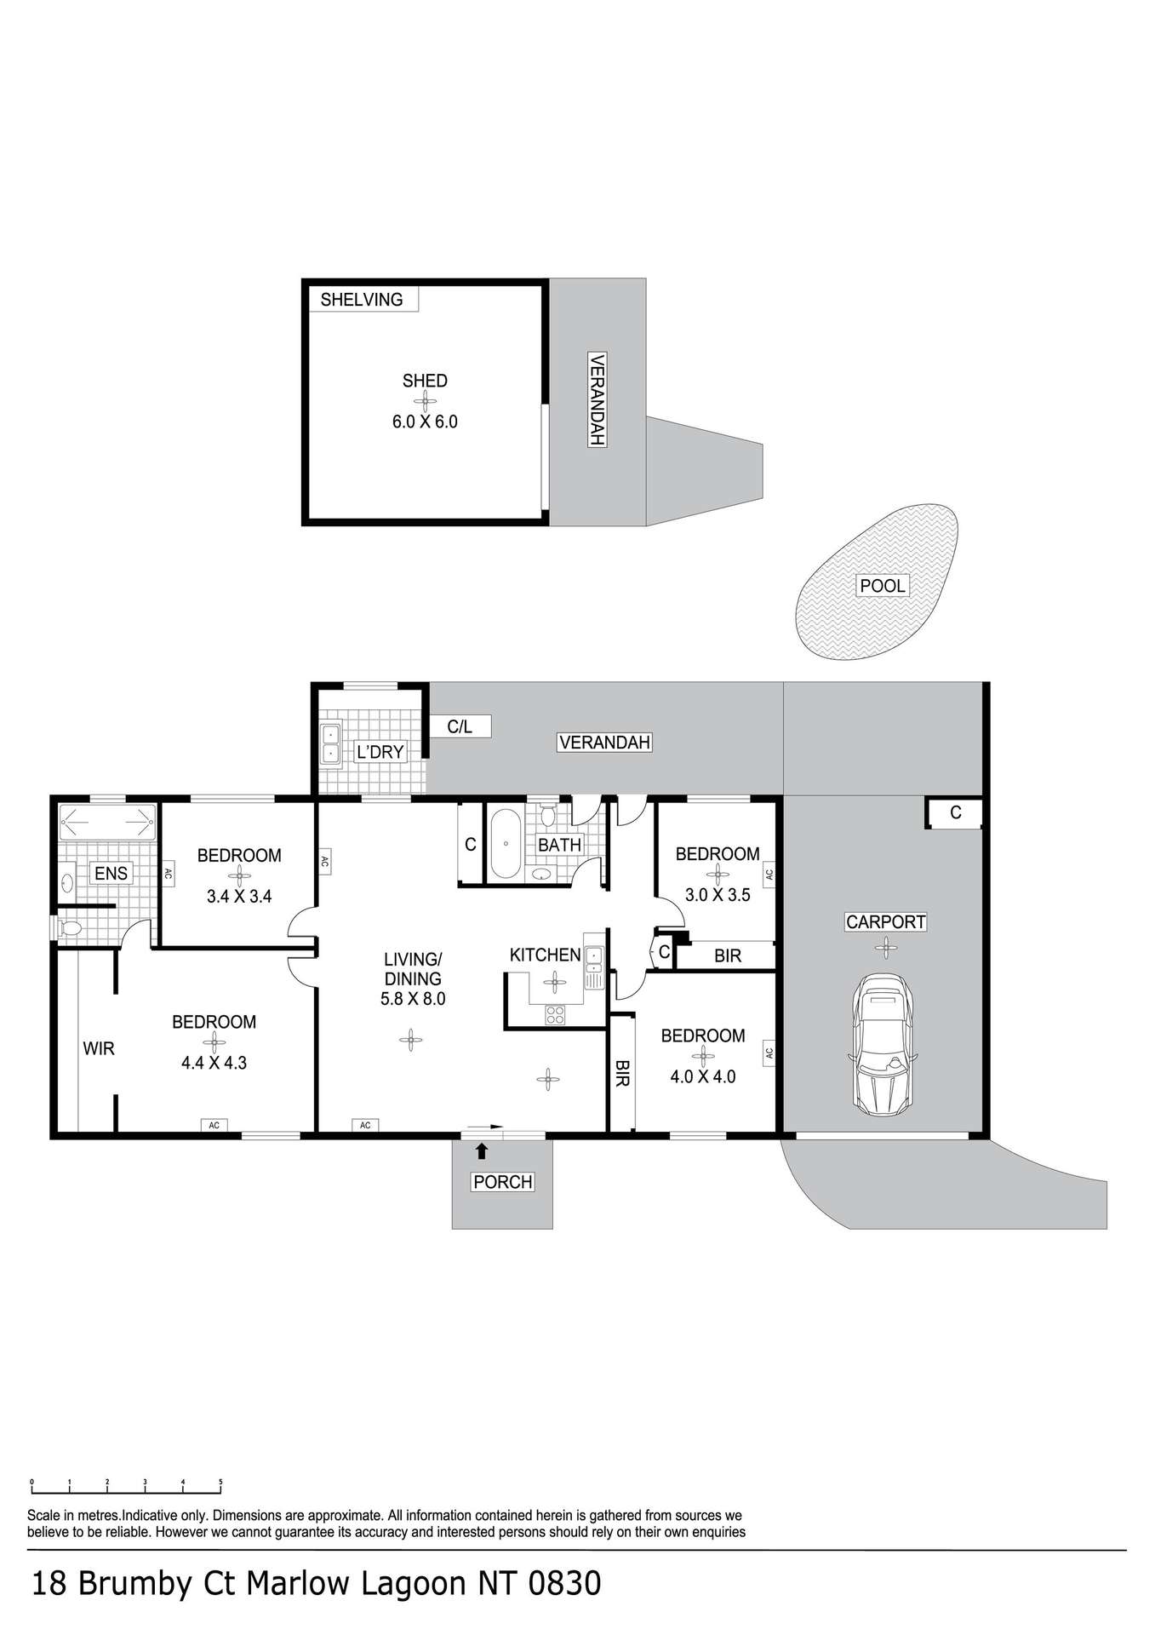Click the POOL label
click(x=883, y=586)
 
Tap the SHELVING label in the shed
click(x=362, y=300)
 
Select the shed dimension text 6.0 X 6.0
click(x=425, y=422)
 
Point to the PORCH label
click(x=503, y=1182)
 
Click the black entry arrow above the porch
click(x=482, y=1151)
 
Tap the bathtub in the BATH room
click(x=506, y=844)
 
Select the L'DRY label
click(x=380, y=752)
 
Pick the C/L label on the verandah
click(x=460, y=726)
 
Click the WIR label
click(x=99, y=1049)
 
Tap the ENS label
click(x=111, y=873)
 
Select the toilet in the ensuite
click(x=67, y=929)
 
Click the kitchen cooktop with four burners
click(x=555, y=1014)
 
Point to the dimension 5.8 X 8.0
click(x=413, y=999)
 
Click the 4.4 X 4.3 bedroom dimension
click(x=214, y=1063)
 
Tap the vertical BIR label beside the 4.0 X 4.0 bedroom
click(x=621, y=1073)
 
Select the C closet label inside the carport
click(x=956, y=812)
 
